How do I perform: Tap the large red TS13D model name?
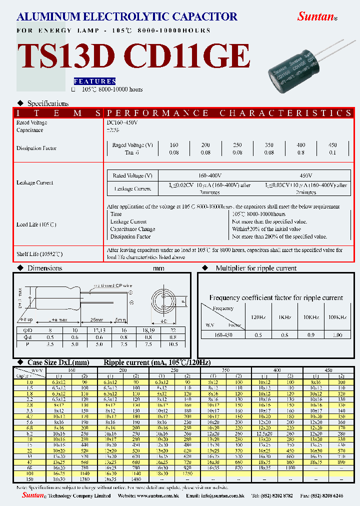pos(66,56)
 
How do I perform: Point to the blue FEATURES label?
pos(94,81)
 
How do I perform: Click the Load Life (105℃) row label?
pos(36,225)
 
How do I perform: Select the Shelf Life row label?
pos(39,254)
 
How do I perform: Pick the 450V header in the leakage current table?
pos(305,176)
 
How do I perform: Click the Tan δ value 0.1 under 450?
pos(332,152)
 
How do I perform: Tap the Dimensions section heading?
pos(44,268)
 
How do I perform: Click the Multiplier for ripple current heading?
pos(256,268)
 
